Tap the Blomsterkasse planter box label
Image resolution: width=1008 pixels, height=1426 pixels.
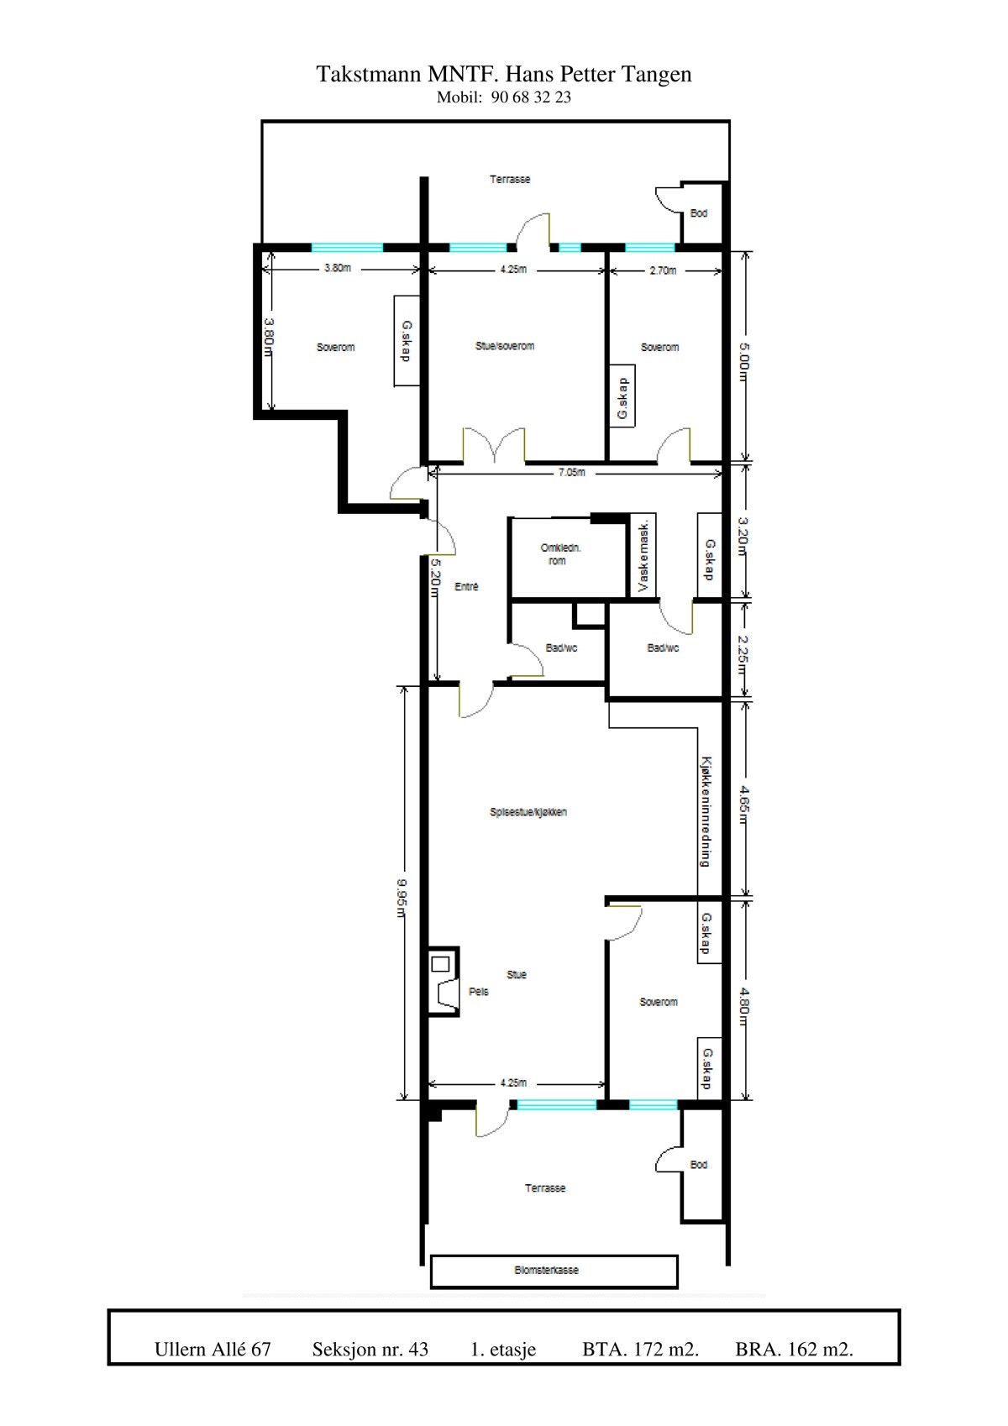click(546, 1271)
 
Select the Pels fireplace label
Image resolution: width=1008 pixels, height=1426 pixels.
click(478, 992)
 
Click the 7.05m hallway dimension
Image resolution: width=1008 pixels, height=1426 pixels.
click(571, 473)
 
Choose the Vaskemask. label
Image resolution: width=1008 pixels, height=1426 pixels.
click(643, 555)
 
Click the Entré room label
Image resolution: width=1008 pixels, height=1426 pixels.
click(466, 587)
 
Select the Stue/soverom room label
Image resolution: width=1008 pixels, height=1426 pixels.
click(505, 346)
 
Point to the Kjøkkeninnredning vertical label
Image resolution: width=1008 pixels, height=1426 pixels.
click(706, 812)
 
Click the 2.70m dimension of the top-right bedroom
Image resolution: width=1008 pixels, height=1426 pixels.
click(663, 270)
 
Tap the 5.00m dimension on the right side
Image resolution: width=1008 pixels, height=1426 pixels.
click(743, 356)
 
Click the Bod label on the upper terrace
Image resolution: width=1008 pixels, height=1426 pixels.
click(699, 213)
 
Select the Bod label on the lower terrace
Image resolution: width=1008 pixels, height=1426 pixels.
click(699, 1165)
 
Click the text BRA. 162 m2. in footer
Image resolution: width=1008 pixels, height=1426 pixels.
click(794, 1350)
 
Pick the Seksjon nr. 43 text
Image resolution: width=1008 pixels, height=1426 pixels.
click(370, 1350)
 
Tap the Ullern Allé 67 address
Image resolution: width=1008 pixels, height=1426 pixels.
click(213, 1350)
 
